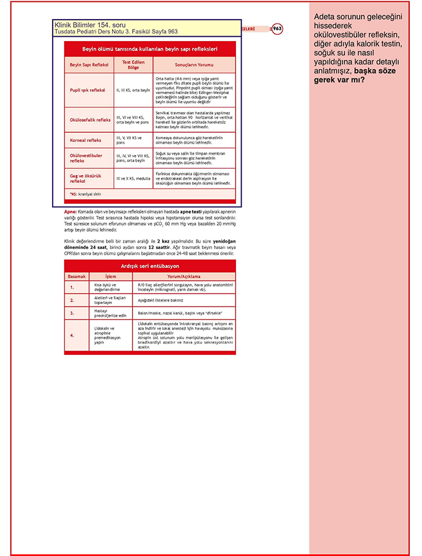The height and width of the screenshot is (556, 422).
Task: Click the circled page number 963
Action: (x=277, y=29)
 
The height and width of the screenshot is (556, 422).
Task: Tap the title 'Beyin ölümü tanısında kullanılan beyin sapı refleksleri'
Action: (x=150, y=48)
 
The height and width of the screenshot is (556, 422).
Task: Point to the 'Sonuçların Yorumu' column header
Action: (x=194, y=65)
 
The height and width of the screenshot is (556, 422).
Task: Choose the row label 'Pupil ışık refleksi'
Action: (x=89, y=90)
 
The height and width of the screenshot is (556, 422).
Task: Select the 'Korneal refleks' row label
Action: (x=86, y=140)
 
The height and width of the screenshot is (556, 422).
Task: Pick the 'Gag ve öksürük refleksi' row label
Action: (x=86, y=178)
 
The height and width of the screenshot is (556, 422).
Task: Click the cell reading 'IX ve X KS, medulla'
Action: (x=133, y=178)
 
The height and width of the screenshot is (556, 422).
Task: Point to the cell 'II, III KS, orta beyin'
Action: (x=133, y=90)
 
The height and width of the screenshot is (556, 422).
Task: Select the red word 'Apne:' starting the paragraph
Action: (x=70, y=211)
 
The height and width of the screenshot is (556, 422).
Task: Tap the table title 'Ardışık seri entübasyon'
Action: (x=150, y=267)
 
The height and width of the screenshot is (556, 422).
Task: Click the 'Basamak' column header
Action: (x=76, y=276)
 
